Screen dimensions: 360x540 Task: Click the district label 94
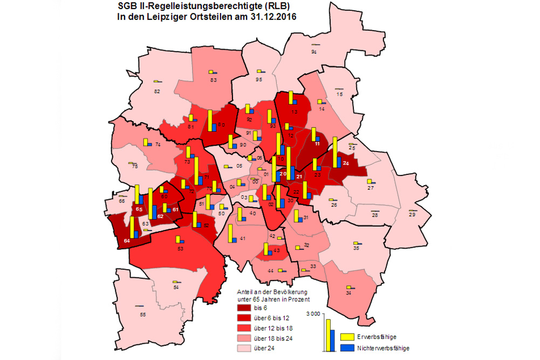pos(314,52)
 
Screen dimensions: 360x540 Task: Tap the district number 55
pos(142,314)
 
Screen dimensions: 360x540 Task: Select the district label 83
pos(213,80)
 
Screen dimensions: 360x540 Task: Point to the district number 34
pos(348,293)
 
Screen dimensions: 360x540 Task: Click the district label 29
pos(413,215)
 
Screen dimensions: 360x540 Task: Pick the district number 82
pos(157,91)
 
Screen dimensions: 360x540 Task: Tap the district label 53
pos(181,248)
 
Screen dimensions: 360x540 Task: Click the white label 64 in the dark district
pos(126,241)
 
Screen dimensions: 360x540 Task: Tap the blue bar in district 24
pos(339,161)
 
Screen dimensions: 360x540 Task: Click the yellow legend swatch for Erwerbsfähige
pos(346,337)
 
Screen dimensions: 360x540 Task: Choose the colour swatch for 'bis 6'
pos(243,308)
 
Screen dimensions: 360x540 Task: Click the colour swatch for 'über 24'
pos(243,349)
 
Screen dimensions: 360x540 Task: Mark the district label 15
pos(339,94)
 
